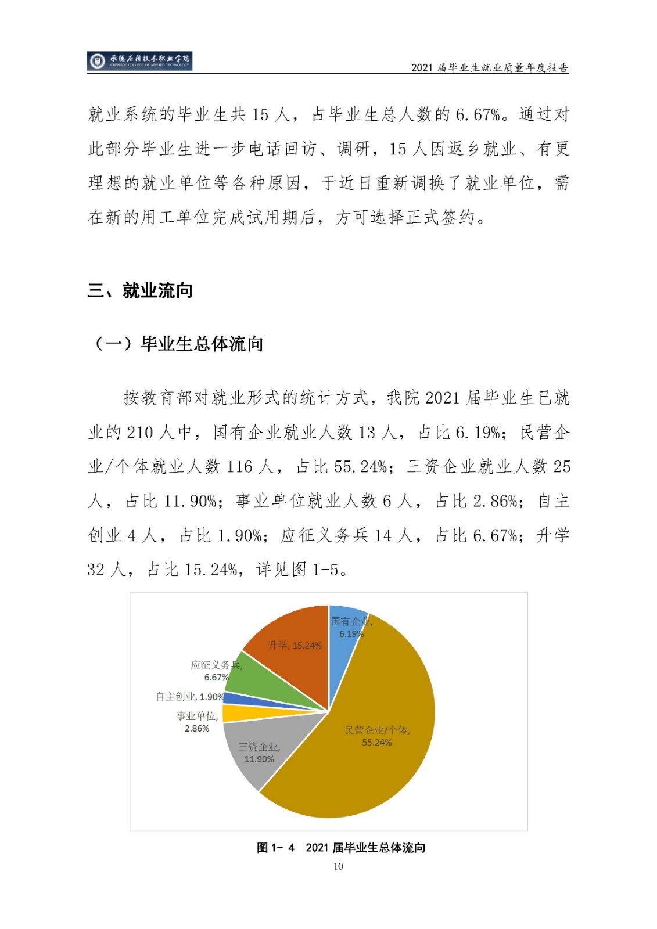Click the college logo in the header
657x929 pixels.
[x=139, y=60]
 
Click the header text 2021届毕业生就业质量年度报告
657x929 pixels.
[x=489, y=67]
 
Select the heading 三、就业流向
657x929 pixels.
[x=140, y=290]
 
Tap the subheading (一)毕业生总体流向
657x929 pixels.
[x=178, y=344]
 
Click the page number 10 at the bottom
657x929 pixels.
[x=338, y=866]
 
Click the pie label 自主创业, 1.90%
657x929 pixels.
[x=189, y=697]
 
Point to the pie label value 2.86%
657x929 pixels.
[x=197, y=729]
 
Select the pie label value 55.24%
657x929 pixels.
[x=376, y=743]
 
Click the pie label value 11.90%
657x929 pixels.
[x=259, y=759]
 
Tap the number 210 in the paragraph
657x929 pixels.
[x=140, y=433]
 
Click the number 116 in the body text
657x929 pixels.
[x=240, y=467]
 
